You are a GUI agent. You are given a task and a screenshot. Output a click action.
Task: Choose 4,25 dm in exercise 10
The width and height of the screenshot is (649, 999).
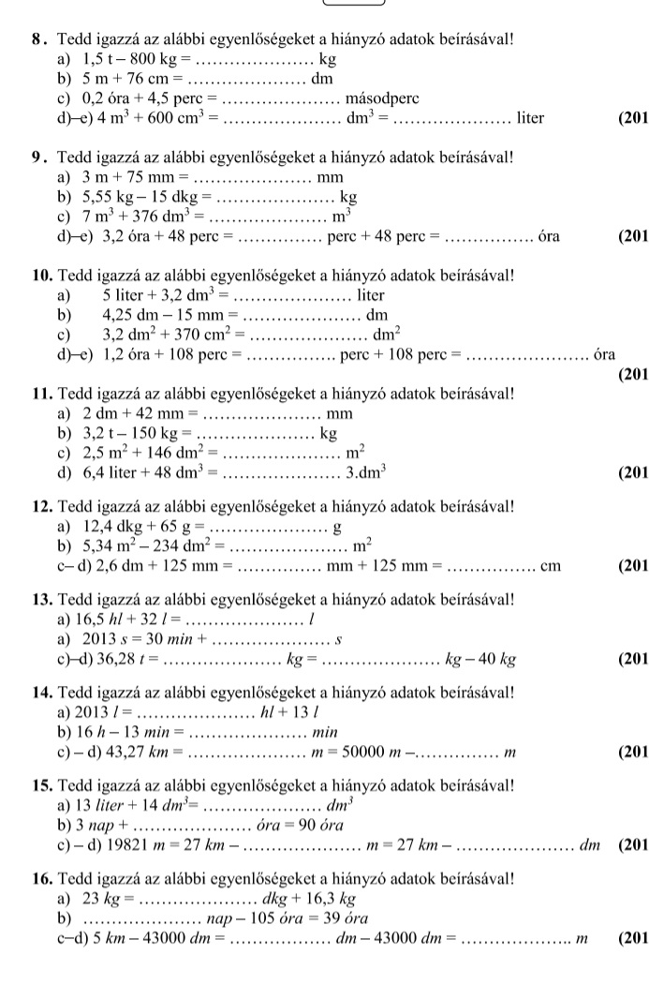126,314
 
